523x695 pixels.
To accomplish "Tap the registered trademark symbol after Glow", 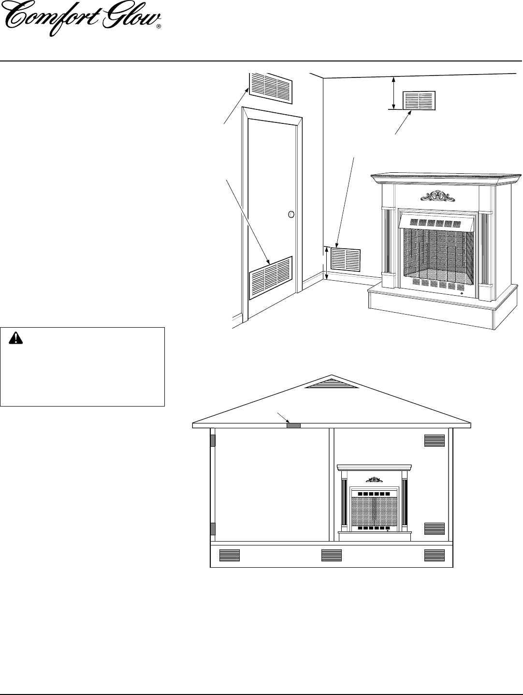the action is (x=159, y=28).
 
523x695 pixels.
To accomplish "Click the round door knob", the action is (x=291, y=214).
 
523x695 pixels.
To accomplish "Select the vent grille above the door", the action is (x=271, y=88).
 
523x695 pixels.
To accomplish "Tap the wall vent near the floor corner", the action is (x=346, y=260).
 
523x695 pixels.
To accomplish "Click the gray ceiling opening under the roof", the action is (x=293, y=425).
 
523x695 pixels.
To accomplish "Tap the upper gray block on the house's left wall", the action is (x=212, y=440).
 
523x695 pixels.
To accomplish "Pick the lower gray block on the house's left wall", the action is (x=212, y=529).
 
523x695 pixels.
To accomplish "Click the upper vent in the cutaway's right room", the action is (x=434, y=440).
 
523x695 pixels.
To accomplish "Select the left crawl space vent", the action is (x=229, y=555).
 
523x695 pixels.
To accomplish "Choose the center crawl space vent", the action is (x=332, y=555).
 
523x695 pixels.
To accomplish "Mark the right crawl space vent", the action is (x=434, y=555).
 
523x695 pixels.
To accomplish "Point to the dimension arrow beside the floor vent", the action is (x=327, y=263).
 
